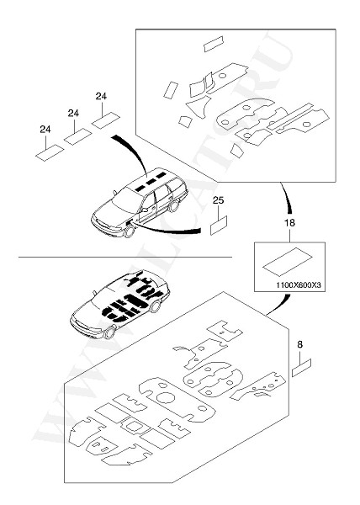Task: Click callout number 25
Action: (218, 200)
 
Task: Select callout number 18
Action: (289, 222)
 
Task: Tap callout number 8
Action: (299, 344)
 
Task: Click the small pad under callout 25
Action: (219, 225)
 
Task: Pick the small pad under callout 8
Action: (302, 368)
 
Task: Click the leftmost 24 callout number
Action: (45, 130)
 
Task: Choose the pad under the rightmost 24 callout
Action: (106, 120)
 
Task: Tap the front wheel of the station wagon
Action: (130, 231)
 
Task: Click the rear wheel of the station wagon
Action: (174, 206)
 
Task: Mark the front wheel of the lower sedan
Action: (109, 332)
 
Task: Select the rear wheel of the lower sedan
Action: (156, 306)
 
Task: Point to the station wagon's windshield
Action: (126, 200)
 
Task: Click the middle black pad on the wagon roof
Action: (150, 182)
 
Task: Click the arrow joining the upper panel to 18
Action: (286, 197)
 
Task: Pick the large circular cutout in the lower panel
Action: (166, 397)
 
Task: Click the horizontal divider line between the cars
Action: (125, 257)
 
